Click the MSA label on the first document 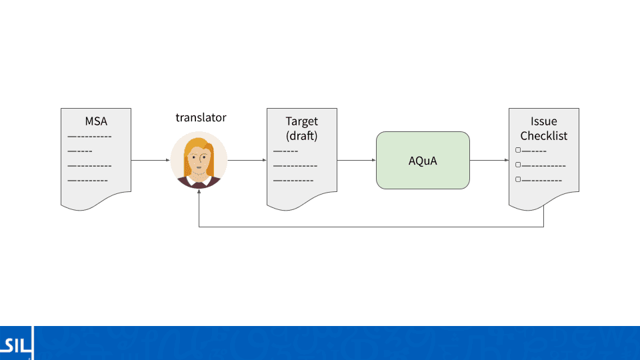[x=96, y=121]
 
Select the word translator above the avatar [x=201, y=118]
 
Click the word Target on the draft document [x=301, y=121]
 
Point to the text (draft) [x=301, y=136]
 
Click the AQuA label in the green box [x=423, y=161]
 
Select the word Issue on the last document [x=543, y=121]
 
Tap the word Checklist [x=543, y=136]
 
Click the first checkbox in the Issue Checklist [x=518, y=151]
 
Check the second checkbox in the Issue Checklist [x=518, y=165]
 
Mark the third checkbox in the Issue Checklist [x=518, y=179]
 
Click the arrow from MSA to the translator [x=150, y=161]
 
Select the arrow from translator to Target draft [x=247, y=161]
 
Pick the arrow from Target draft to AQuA [x=357, y=161]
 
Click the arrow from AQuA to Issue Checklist [x=489, y=161]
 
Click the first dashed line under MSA [x=89, y=137]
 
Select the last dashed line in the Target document [x=293, y=180]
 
